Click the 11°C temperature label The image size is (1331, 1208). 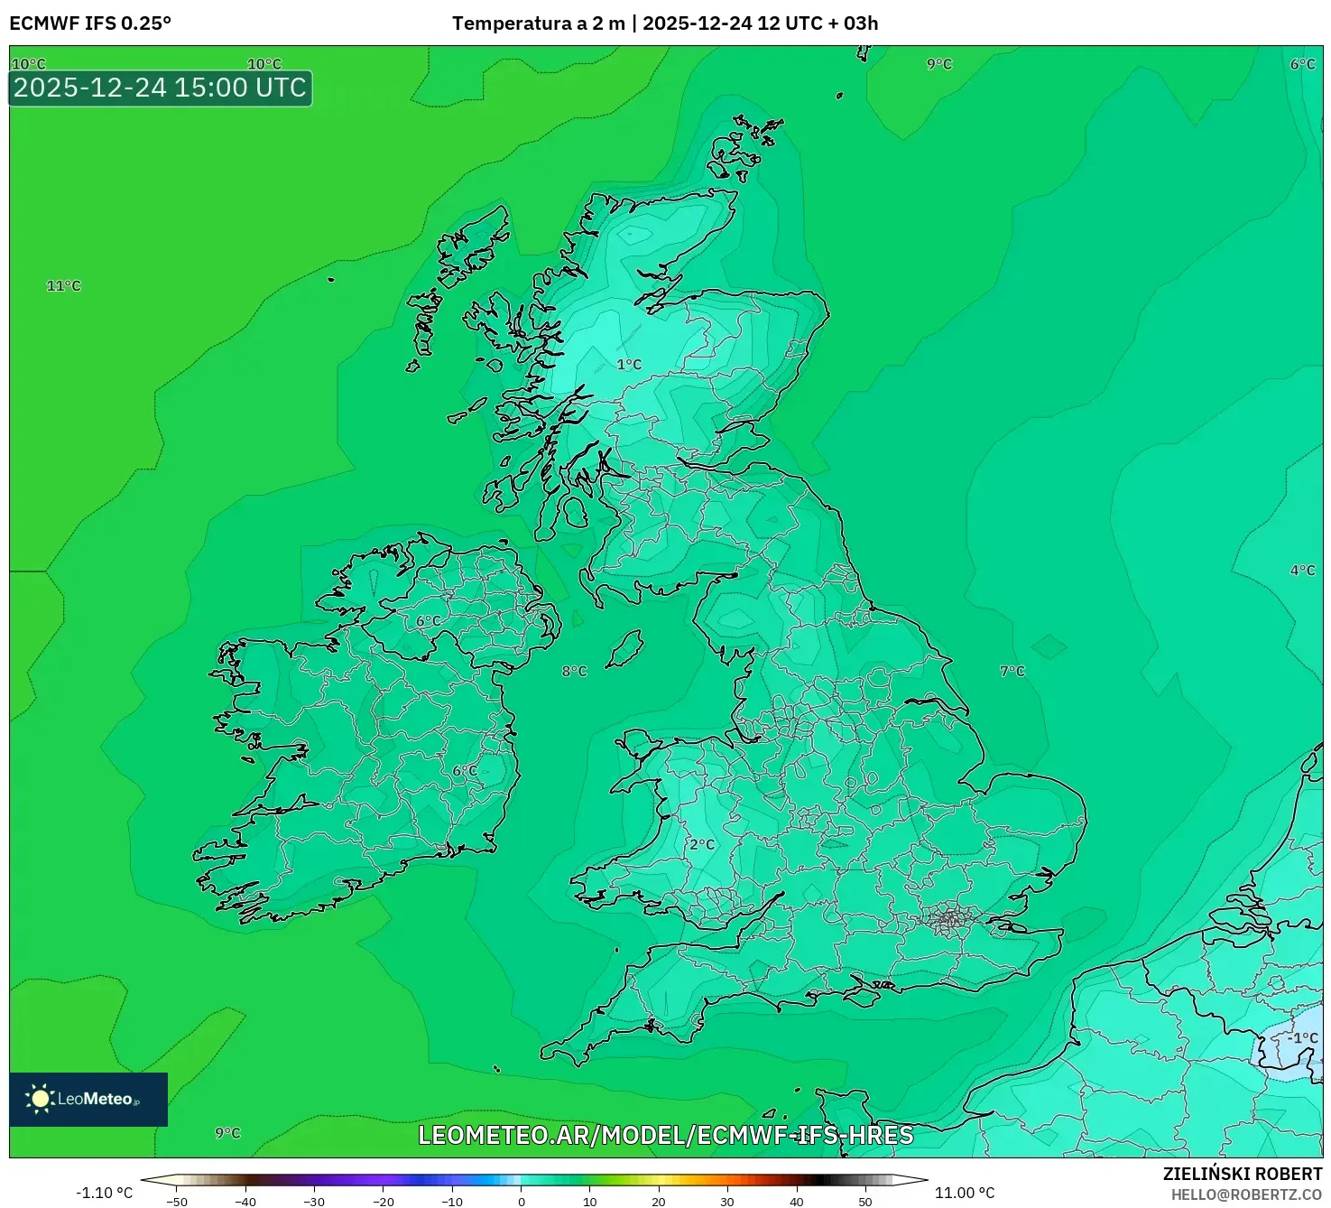click(63, 286)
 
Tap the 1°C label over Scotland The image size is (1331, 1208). click(629, 365)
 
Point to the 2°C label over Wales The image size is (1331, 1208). click(701, 845)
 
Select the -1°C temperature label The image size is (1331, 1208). click(1302, 1038)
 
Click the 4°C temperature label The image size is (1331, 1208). click(1302, 571)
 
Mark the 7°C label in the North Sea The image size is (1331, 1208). click(1012, 672)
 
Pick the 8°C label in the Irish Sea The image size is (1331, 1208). click(574, 672)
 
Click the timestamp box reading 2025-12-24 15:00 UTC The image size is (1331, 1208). click(161, 88)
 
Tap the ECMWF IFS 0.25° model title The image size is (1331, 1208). click(90, 23)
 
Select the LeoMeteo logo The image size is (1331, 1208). click(88, 1099)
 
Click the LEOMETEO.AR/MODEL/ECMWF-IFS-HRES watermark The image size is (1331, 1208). click(666, 1135)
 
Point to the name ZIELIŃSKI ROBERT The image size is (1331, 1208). click(1242, 1174)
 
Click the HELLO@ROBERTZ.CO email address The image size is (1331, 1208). click(1246, 1194)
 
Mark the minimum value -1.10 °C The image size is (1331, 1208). click(104, 1193)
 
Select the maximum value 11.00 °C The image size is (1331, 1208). click(965, 1193)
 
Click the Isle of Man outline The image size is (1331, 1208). click(624, 649)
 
